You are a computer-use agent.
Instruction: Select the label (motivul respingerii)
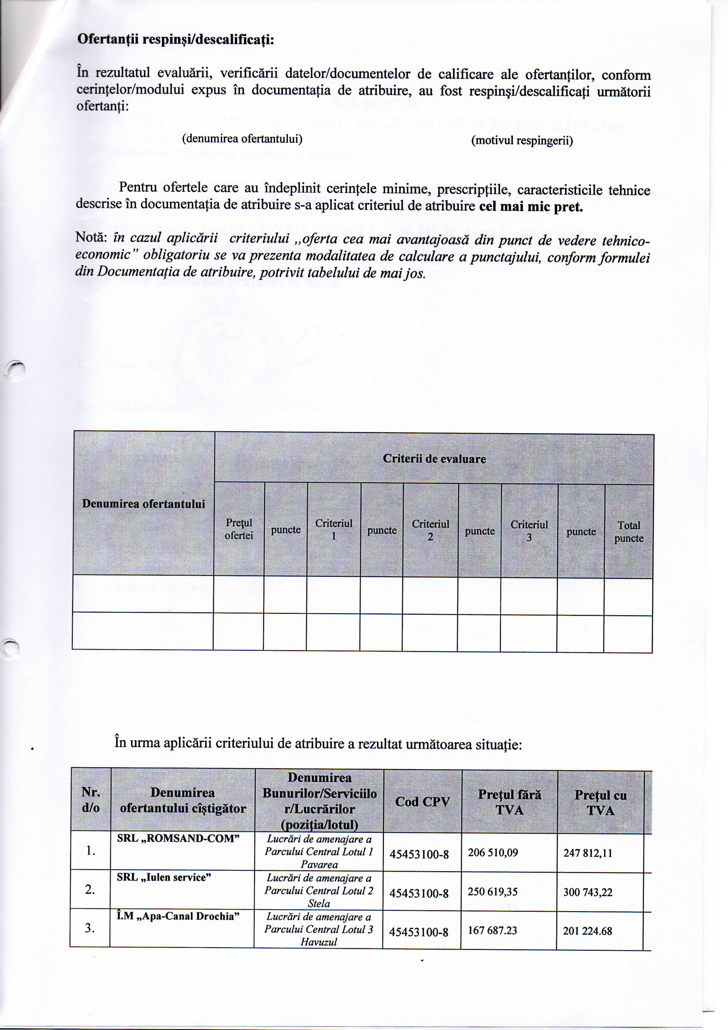(x=522, y=141)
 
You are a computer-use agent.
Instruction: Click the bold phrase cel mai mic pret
(x=531, y=207)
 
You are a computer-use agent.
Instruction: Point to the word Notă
(x=91, y=238)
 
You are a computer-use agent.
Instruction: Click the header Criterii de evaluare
(x=434, y=458)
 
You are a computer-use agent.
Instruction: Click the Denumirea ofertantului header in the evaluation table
(x=143, y=503)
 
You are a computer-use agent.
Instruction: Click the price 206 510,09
(x=493, y=852)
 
